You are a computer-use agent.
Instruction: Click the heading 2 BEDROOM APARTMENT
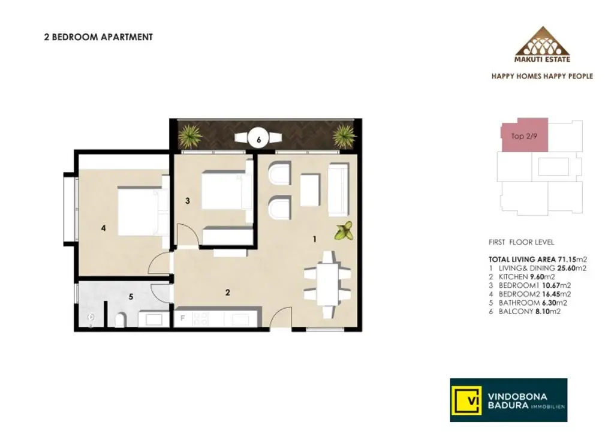(x=98, y=37)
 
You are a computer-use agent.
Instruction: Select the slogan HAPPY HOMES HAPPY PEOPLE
(x=542, y=76)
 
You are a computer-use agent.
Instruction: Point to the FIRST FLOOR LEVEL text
(x=521, y=243)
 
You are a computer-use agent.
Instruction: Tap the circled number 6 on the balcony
(x=258, y=139)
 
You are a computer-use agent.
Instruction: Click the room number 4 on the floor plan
(x=103, y=228)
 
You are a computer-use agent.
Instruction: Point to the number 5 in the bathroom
(x=131, y=296)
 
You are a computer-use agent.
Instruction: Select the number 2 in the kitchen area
(x=227, y=293)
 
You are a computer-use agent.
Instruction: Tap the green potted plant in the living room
(x=344, y=231)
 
